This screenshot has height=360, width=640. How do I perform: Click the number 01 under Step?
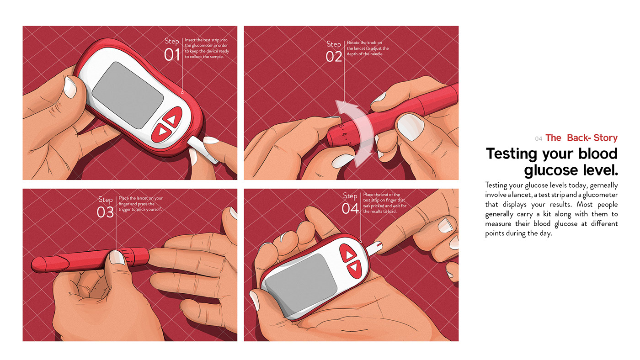172,55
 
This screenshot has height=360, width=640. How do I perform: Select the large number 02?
334,57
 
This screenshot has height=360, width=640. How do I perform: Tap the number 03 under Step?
105,212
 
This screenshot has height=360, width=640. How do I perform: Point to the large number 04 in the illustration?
350,209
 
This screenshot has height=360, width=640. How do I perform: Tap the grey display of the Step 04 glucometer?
301,281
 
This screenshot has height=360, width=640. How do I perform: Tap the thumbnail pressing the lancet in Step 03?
117,257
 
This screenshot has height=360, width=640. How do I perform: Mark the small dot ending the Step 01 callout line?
182,92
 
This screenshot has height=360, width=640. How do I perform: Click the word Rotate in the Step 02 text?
354,42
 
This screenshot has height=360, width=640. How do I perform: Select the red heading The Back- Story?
581,138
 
